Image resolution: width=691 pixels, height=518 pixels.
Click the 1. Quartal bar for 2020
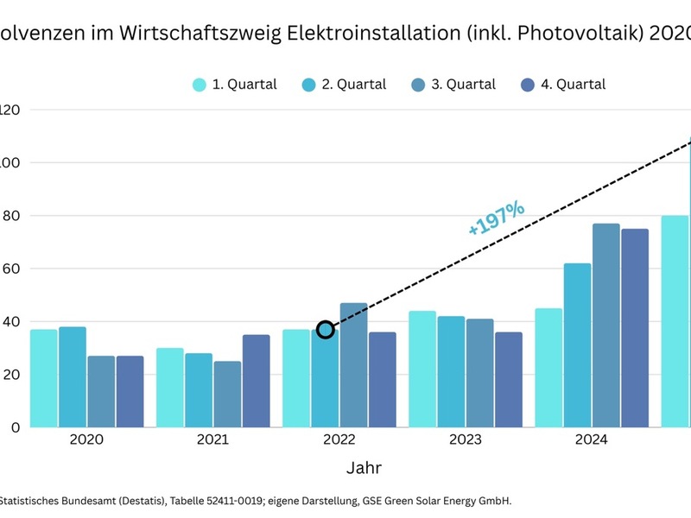pos(44,378)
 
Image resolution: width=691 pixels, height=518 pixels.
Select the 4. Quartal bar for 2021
pos(257,381)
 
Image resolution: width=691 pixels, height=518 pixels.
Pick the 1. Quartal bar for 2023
pos(422,369)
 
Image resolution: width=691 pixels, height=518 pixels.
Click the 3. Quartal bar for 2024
pos(606,325)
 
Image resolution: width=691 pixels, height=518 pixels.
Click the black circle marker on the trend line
pos(326,330)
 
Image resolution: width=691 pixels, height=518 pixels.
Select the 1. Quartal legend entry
pos(234,85)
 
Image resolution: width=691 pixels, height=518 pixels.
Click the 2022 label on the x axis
pos(339,439)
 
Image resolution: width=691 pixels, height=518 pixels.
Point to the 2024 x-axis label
pos(592,439)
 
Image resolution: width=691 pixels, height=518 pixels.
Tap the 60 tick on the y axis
pos(10,268)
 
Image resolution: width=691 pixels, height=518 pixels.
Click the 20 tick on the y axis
pos(10,374)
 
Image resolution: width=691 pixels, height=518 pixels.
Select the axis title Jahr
pos(364,468)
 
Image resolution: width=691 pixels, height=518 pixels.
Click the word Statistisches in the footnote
pos(35,500)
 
